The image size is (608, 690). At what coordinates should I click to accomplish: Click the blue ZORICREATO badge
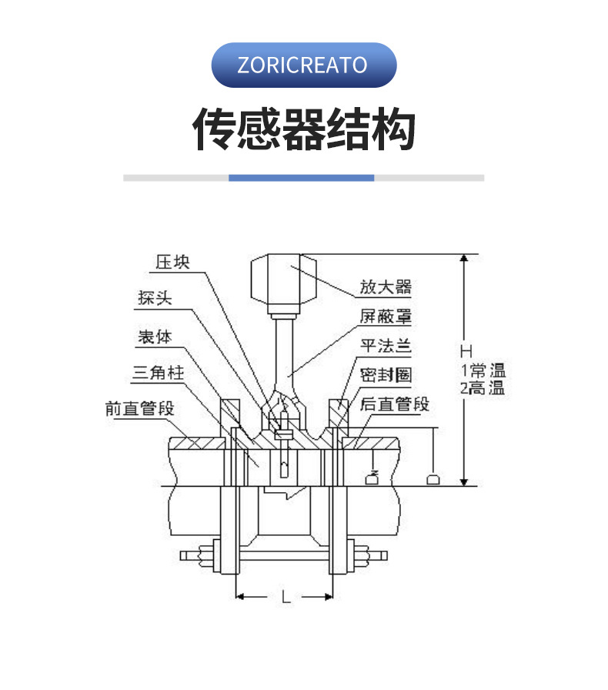[x=303, y=65]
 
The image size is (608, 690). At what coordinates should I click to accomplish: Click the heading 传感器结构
[x=303, y=129]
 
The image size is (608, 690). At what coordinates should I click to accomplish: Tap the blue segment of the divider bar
[x=301, y=178]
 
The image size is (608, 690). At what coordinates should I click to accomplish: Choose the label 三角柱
[x=159, y=373]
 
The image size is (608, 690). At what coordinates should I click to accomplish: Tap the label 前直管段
[x=140, y=408]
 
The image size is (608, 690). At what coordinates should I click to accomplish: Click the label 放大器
[x=386, y=288]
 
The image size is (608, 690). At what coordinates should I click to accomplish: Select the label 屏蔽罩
[x=386, y=317]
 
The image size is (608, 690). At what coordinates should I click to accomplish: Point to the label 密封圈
[x=386, y=375]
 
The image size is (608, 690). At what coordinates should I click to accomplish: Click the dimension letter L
[x=286, y=597]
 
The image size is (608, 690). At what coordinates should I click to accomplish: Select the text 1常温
[x=483, y=370]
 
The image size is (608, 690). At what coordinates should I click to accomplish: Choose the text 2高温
[x=483, y=389]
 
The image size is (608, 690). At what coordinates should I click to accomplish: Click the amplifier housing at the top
[x=284, y=281]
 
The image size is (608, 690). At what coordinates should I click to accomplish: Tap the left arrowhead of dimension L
[x=239, y=596]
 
